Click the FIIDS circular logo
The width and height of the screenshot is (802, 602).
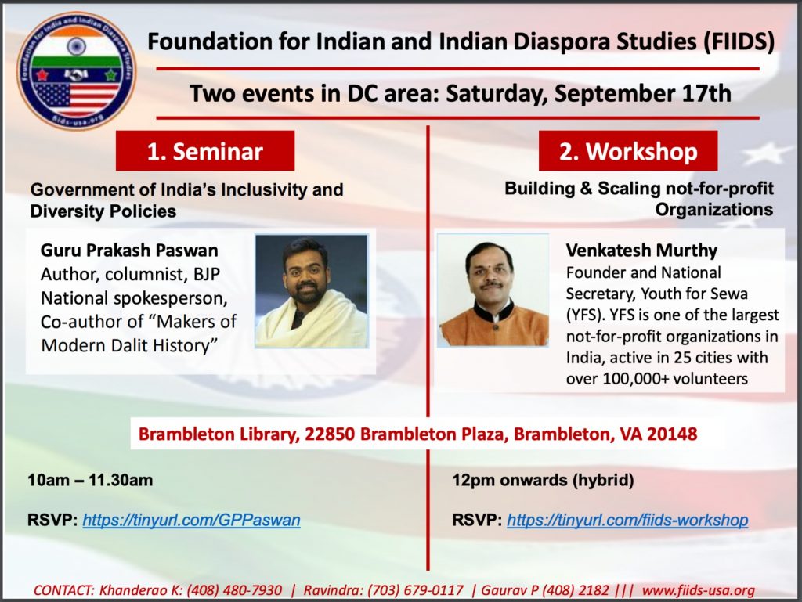click(x=76, y=70)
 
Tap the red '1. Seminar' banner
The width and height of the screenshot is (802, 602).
click(x=205, y=151)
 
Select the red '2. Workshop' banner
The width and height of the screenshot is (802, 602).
click(x=628, y=151)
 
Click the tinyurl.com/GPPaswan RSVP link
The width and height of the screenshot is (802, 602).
click(x=191, y=521)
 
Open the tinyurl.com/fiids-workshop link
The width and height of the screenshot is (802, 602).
click(x=627, y=521)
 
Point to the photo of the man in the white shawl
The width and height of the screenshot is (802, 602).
click(x=312, y=291)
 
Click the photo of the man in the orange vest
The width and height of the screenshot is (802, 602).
click(x=493, y=290)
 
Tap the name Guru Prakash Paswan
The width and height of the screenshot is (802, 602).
click(x=129, y=251)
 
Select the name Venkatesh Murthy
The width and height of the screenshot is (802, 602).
click(x=641, y=251)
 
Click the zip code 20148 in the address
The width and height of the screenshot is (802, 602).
click(x=671, y=434)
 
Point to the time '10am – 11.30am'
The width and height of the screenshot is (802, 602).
click(x=90, y=481)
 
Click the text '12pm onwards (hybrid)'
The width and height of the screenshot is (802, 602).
click(x=543, y=481)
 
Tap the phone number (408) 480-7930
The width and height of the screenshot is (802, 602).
click(x=234, y=590)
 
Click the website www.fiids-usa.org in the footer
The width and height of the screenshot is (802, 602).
click(x=698, y=590)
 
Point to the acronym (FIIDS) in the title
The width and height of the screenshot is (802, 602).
click(x=739, y=41)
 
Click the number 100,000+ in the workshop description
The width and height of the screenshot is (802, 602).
click(x=635, y=379)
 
